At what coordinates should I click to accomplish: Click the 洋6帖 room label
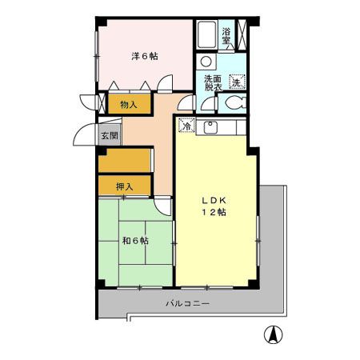tap(144, 56)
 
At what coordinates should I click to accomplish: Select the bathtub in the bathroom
tap(206, 36)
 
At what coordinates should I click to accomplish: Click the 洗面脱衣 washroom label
tap(212, 83)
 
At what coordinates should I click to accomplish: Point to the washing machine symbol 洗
tap(237, 82)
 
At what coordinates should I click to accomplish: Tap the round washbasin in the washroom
tap(206, 62)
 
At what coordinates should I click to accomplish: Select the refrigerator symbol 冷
tap(185, 126)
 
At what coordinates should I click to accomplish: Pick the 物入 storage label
tap(128, 105)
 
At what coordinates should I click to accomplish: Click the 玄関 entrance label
tap(108, 136)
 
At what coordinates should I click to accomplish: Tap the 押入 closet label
tap(123, 186)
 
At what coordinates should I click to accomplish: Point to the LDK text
tap(213, 200)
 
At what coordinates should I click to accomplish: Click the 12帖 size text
tap(213, 213)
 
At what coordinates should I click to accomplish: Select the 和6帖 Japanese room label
tap(135, 240)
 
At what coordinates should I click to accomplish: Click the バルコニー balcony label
tap(187, 304)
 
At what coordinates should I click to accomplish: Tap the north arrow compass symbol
tap(273, 335)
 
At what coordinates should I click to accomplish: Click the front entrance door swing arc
tap(85, 136)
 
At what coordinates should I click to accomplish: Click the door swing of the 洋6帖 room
tap(165, 82)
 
